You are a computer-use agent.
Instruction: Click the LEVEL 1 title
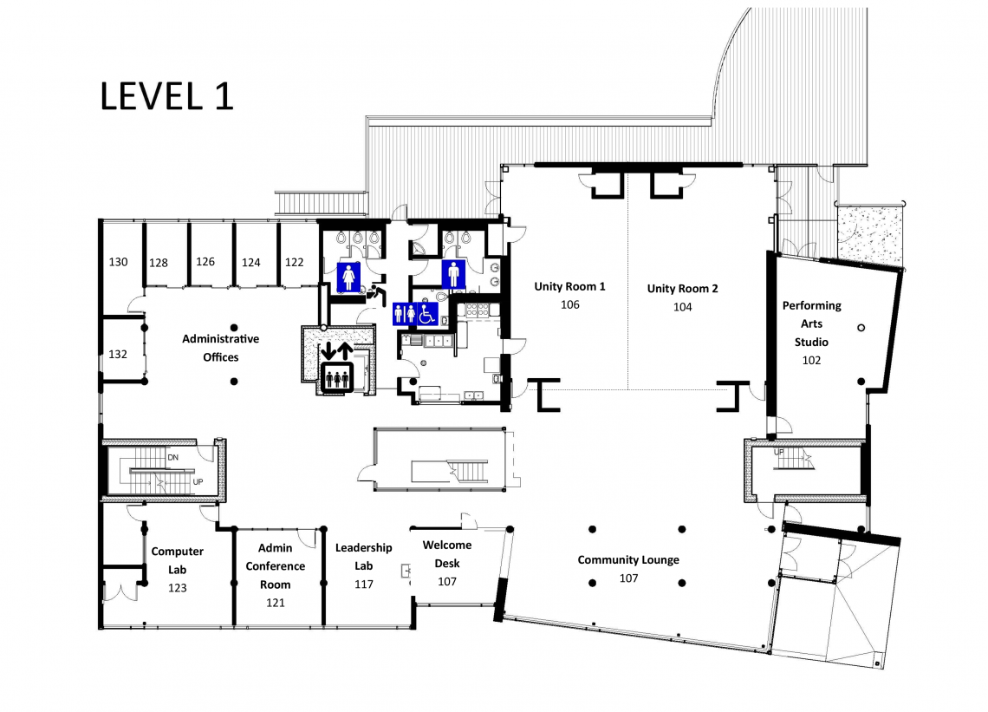click(x=167, y=96)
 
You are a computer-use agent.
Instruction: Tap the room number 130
click(x=119, y=262)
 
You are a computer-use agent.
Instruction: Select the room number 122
click(x=295, y=263)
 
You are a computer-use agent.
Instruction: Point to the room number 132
click(x=118, y=355)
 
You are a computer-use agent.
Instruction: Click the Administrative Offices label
click(x=220, y=348)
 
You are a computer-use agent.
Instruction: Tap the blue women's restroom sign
click(x=348, y=277)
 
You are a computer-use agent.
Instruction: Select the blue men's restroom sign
click(x=453, y=274)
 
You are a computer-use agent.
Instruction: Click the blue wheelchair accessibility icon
click(x=428, y=313)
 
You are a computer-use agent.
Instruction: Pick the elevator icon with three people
click(x=337, y=378)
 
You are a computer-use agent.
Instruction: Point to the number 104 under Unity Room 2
click(x=682, y=307)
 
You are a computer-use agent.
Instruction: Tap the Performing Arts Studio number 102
click(x=811, y=361)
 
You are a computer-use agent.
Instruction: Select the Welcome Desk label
click(x=446, y=553)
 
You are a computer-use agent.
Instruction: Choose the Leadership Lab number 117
click(x=364, y=585)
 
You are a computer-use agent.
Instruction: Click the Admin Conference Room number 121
click(x=276, y=603)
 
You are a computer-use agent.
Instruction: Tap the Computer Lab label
click(x=177, y=560)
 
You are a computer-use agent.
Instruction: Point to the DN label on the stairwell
click(x=173, y=457)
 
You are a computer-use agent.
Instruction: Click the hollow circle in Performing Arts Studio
click(x=861, y=328)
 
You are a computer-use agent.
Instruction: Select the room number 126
click(x=205, y=262)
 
